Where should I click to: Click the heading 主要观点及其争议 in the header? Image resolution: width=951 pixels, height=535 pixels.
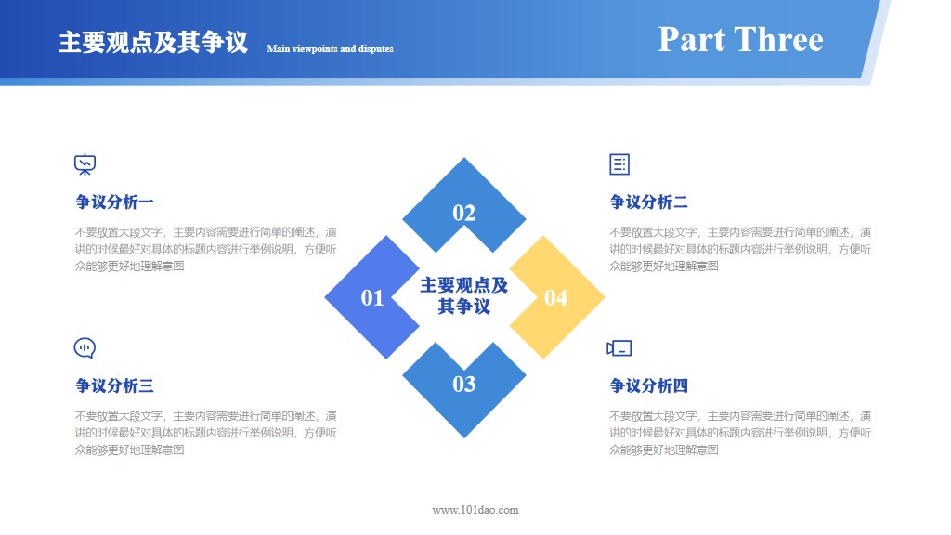click(x=153, y=43)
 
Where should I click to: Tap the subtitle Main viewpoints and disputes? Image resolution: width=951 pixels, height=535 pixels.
click(x=330, y=48)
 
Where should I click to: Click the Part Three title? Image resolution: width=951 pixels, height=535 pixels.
click(x=740, y=39)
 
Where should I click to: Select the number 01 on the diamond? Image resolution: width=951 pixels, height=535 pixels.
click(x=372, y=297)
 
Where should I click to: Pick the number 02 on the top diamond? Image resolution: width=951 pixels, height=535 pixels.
click(x=464, y=214)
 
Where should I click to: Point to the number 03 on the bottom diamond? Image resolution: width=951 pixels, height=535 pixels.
click(x=464, y=384)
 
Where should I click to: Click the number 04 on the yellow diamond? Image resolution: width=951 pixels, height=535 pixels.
click(x=555, y=297)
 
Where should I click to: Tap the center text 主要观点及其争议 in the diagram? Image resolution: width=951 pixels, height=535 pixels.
click(x=464, y=295)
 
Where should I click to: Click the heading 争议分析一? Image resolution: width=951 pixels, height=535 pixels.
click(x=114, y=202)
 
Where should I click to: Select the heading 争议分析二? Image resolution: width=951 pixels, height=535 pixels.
click(x=648, y=202)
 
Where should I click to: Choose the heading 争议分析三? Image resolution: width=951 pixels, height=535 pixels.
click(x=114, y=385)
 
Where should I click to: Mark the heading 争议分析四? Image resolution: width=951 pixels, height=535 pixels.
click(x=648, y=385)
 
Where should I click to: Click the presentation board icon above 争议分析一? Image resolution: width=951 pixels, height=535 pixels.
click(x=85, y=164)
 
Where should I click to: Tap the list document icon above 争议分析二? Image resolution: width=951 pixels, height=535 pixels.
click(x=619, y=164)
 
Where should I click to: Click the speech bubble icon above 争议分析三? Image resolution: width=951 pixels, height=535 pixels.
click(x=85, y=348)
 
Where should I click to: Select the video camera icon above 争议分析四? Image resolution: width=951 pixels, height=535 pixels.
click(x=619, y=348)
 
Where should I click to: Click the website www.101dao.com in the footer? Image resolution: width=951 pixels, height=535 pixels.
click(x=475, y=509)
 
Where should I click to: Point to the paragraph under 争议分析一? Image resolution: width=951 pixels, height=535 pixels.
click(x=206, y=249)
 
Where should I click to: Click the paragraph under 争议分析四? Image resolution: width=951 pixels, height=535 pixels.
click(x=740, y=433)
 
